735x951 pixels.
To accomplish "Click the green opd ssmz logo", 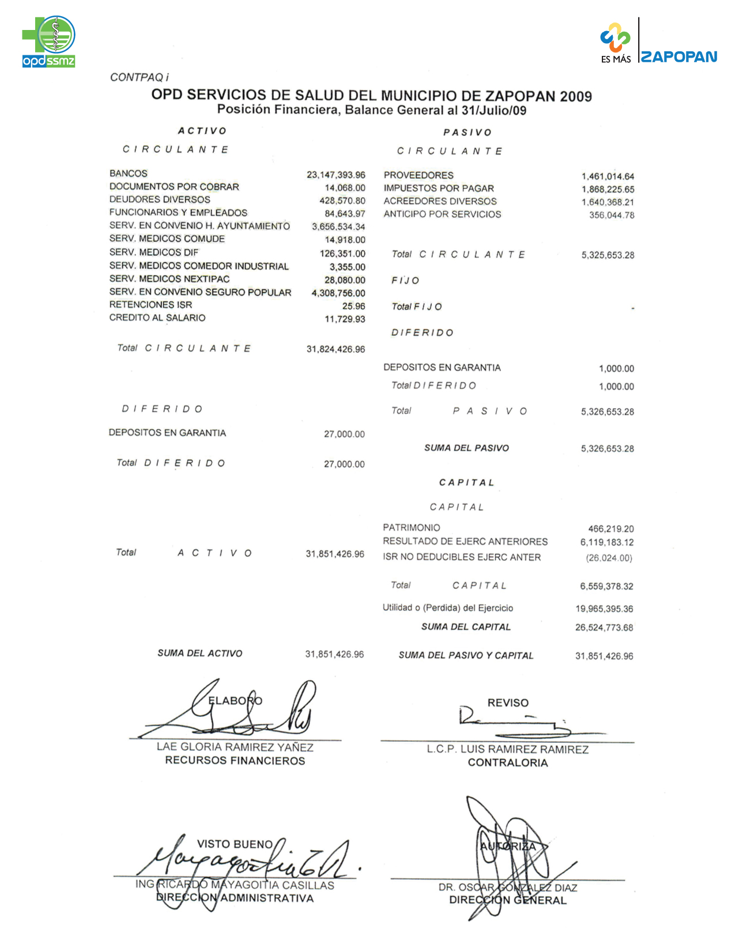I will coord(49,41).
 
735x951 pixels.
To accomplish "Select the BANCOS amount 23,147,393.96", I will coord(336,175).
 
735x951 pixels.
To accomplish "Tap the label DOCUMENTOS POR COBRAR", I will coord(174,187).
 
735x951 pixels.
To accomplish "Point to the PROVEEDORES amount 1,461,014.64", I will coord(608,176).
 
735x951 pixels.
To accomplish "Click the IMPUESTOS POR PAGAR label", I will coord(439,188).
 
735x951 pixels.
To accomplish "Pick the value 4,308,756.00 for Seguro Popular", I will coord(338,293).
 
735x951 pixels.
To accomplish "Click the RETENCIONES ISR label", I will coord(150,305).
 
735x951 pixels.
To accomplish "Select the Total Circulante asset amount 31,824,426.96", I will coord(336,349).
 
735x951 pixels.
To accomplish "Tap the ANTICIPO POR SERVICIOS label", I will coord(442,214).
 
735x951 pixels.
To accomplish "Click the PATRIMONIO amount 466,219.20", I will coord(610,529).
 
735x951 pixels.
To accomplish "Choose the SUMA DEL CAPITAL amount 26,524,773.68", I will coord(604,628).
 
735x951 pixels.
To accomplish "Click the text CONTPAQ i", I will coord(140,77).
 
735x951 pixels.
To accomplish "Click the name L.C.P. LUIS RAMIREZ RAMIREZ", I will coord(507,749).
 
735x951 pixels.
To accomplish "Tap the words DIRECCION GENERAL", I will coord(507,900).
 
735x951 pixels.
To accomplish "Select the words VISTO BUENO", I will coord(235,844).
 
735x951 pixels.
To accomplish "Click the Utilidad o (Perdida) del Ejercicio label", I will coord(447,608).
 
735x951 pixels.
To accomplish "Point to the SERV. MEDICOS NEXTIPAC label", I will coord(169,279).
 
